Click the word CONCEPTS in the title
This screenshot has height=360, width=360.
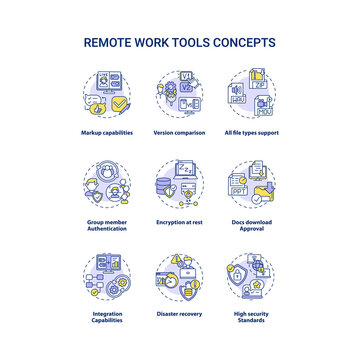[246, 43]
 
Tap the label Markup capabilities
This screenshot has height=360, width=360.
[108, 134]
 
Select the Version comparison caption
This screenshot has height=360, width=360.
[179, 134]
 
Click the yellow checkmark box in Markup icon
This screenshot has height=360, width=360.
[120, 101]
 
